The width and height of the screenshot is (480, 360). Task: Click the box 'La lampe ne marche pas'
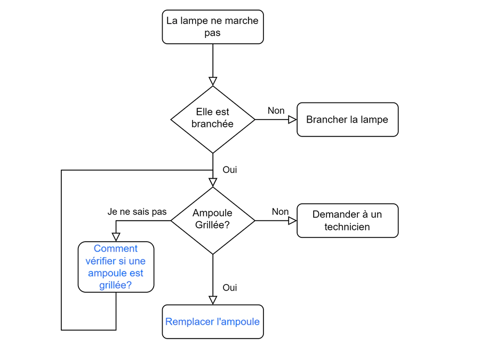click(213, 27)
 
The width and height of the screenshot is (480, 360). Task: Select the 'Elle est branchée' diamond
click(213, 119)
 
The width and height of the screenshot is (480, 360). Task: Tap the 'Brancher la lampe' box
click(347, 119)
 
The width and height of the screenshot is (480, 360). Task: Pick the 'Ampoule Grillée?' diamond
click(213, 220)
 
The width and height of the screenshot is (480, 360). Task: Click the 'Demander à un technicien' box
click(347, 220)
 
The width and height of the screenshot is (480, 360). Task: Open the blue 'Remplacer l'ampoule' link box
click(213, 322)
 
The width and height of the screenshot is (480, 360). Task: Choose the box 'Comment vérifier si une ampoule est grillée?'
click(116, 267)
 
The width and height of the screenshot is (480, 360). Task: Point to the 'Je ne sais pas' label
click(137, 212)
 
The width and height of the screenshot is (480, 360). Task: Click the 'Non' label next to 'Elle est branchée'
click(276, 110)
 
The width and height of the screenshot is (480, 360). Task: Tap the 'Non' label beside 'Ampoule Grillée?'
click(280, 212)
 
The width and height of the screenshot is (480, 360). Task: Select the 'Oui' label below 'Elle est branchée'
click(230, 170)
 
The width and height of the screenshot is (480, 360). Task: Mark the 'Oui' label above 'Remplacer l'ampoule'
click(230, 287)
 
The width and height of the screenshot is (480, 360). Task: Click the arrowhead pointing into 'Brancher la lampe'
click(293, 119)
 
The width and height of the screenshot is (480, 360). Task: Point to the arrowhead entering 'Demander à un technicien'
click(293, 220)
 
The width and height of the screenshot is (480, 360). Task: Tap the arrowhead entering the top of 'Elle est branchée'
click(213, 82)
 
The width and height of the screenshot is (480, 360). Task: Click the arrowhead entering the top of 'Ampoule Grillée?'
click(213, 182)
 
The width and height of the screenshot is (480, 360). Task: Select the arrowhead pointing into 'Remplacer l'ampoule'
click(213, 300)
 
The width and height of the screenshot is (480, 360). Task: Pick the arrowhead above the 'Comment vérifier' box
click(116, 237)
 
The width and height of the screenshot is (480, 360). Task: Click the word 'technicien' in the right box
click(347, 227)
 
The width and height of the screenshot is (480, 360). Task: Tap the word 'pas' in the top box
click(212, 33)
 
